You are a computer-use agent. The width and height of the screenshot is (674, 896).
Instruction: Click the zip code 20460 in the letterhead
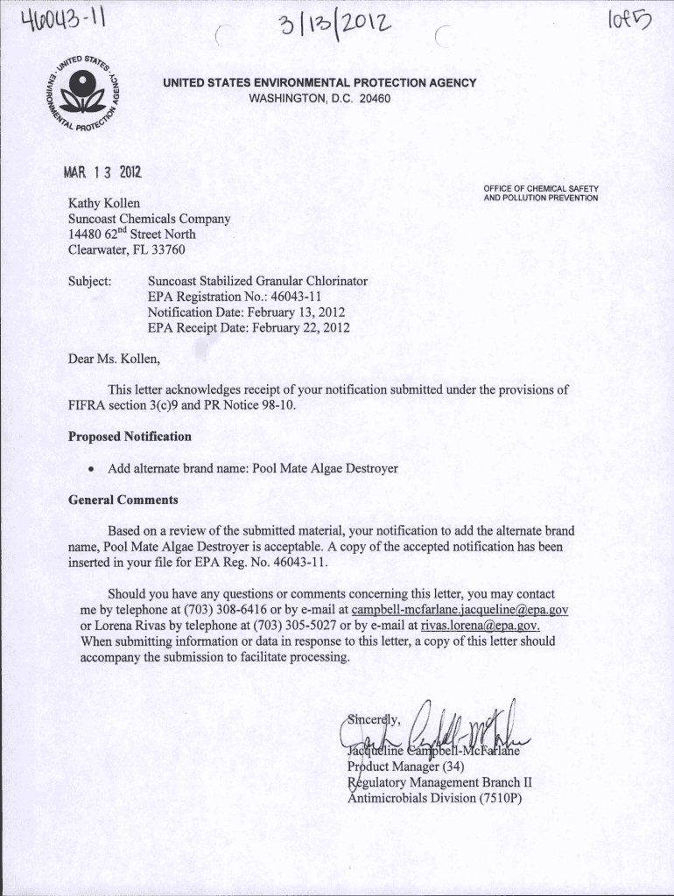(x=374, y=98)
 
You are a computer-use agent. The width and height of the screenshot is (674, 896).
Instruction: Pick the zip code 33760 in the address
(x=167, y=249)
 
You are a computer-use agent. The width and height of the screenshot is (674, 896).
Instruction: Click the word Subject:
(x=89, y=281)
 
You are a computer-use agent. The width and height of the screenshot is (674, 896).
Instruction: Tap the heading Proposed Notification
(x=130, y=437)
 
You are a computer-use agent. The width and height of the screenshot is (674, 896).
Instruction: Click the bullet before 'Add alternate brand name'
(x=90, y=469)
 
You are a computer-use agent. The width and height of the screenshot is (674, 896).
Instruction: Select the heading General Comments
(x=123, y=500)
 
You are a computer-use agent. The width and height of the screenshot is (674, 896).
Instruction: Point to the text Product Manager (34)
(x=398, y=766)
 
